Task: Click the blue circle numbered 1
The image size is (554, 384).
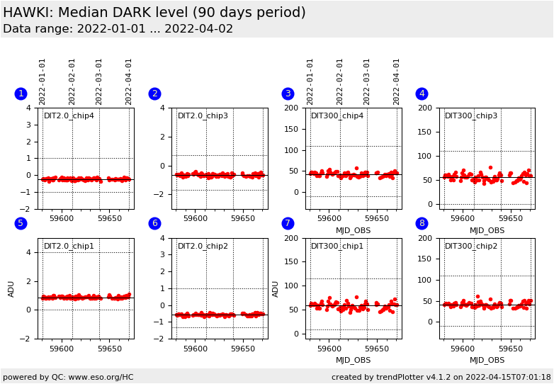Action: [x=21, y=94]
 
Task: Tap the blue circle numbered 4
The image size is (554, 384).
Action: [x=422, y=94]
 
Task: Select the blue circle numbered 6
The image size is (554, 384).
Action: [x=154, y=223]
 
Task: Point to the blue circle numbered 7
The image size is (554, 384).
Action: [x=288, y=223]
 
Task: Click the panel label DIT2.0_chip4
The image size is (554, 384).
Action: [x=69, y=116]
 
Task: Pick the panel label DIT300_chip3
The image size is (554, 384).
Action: [x=471, y=116]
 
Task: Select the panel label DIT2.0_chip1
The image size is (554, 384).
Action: [x=69, y=246]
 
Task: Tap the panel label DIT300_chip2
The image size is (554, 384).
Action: [x=471, y=246]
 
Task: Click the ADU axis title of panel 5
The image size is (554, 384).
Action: [x=11, y=289]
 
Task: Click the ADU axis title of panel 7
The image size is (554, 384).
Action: [x=276, y=289]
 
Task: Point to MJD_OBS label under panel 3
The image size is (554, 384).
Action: [x=353, y=231]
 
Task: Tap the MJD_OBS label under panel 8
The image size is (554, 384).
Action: [x=487, y=361]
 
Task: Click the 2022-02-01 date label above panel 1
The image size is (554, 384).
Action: [x=72, y=82]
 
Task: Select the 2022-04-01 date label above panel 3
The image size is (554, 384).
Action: [x=396, y=82]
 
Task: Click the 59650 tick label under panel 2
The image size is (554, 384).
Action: [x=243, y=219]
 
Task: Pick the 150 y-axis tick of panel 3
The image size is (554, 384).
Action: [x=291, y=129]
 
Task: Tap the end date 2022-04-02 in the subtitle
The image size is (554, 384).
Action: [x=199, y=28]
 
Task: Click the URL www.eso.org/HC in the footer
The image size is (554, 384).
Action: [x=101, y=378]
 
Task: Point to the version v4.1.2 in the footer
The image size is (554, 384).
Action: [x=438, y=377]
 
